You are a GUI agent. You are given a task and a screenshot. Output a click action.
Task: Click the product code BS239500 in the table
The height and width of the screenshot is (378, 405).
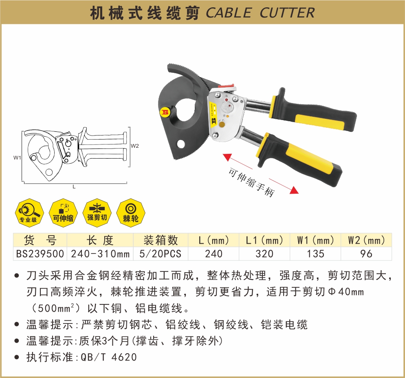point(40,253)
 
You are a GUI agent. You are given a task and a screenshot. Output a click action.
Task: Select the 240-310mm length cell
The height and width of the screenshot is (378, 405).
point(100,253)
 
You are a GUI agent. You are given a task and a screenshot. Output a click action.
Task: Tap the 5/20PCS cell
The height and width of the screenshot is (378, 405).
point(161,253)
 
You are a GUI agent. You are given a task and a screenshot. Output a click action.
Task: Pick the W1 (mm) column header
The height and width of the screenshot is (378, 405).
point(315,240)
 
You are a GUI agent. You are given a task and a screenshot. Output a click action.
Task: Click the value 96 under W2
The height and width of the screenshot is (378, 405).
point(366,253)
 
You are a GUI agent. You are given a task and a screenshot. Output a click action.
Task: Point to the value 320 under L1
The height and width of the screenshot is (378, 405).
point(264,253)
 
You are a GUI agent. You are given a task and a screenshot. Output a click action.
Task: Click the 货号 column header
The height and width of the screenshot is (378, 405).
point(40,240)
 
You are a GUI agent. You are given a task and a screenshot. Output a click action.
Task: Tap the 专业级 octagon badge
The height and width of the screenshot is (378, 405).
point(29,213)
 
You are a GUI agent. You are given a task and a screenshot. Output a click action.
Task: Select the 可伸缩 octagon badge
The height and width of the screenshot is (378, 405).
point(63,213)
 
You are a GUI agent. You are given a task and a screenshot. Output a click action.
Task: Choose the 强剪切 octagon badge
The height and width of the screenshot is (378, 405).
point(97,213)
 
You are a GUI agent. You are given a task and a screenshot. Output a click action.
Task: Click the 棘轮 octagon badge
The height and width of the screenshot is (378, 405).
point(131,213)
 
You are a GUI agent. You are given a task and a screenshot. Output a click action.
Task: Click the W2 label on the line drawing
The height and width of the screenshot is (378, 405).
point(134,146)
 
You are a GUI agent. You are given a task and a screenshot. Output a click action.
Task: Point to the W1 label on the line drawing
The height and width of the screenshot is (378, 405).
point(17,157)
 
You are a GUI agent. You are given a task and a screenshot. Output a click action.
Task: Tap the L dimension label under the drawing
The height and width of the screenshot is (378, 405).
point(74,187)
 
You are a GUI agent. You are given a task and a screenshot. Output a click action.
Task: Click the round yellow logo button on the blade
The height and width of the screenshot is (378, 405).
point(165,112)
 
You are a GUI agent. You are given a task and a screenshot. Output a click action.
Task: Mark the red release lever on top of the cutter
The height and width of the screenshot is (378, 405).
point(227,86)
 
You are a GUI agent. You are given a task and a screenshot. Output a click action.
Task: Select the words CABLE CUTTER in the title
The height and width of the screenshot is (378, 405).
point(260,13)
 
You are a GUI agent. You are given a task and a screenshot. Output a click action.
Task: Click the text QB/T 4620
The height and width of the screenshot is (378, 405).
point(109,357)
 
